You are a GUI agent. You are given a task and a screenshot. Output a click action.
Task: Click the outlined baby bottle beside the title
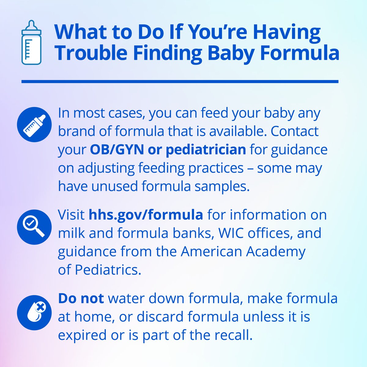coord(31,42)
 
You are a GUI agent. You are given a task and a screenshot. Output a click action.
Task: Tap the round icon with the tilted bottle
coord(34,124)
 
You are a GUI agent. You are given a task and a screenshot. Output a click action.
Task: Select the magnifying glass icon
coord(34,227)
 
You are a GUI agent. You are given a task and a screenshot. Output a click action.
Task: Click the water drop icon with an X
coord(34,313)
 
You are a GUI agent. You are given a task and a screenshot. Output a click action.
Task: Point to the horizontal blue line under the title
coord(180,82)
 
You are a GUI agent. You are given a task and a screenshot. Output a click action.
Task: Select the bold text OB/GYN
coord(117,150)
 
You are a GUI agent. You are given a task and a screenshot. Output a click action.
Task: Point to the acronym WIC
coord(231,233)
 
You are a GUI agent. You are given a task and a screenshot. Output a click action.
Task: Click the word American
coord(211,251)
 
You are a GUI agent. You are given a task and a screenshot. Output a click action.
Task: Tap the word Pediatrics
coord(108,270)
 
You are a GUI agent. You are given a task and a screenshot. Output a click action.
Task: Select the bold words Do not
coord(81,298)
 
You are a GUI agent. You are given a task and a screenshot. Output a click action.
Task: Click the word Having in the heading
coord(287,32)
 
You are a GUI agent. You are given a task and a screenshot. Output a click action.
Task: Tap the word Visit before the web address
coord(71,215)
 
